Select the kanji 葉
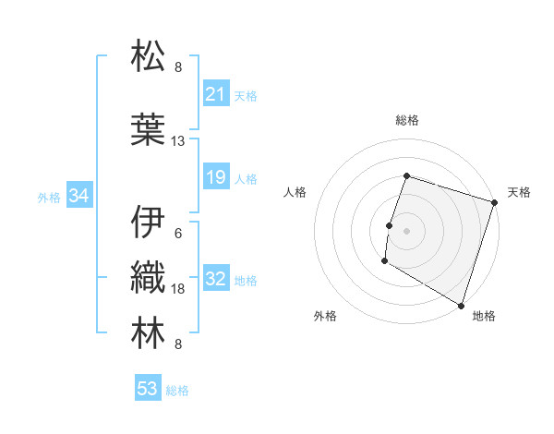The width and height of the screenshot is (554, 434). [149, 129]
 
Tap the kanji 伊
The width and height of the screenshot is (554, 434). [149, 223]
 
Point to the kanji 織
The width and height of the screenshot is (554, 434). [149, 278]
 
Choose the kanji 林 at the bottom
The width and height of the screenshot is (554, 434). [149, 333]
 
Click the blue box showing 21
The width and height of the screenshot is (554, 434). [215, 94]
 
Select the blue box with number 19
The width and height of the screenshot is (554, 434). [215, 177]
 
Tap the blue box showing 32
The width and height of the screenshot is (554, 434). [215, 280]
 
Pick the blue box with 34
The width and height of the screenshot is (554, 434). [78, 196]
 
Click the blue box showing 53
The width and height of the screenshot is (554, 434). [147, 389]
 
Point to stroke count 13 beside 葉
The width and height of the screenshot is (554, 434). [178, 141]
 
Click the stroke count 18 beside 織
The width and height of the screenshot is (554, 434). [178, 290]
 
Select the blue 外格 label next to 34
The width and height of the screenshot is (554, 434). [50, 197]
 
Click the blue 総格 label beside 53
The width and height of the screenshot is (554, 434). [177, 391]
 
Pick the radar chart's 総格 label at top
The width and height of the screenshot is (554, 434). [407, 120]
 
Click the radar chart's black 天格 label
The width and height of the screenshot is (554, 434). [520, 192]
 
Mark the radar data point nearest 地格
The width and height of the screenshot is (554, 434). [461, 304]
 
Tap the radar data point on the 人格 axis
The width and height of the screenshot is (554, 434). [390, 225]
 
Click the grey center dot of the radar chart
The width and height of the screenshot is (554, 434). [406, 230]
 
